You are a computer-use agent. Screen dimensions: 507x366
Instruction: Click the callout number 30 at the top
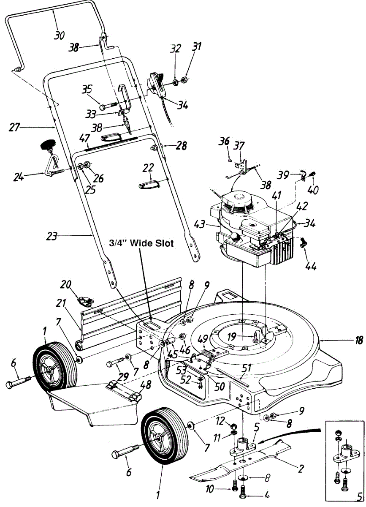(60, 35)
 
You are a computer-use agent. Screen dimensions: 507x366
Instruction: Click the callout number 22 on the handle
(148, 168)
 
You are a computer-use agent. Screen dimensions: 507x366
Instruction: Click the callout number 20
(65, 285)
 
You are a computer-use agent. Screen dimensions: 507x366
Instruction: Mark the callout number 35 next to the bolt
(87, 89)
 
